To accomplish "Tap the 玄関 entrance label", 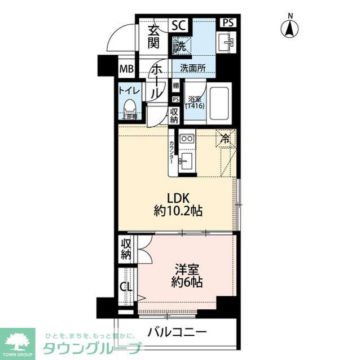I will click(x=154, y=37).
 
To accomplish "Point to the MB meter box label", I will click(x=126, y=70).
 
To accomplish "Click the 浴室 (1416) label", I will click(x=194, y=102).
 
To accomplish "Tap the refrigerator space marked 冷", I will click(x=225, y=137).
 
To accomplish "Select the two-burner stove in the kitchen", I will click(x=187, y=139).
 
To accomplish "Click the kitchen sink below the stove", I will click(x=186, y=163).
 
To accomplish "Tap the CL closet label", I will click(x=126, y=287).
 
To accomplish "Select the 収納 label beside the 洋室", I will click(x=126, y=248).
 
